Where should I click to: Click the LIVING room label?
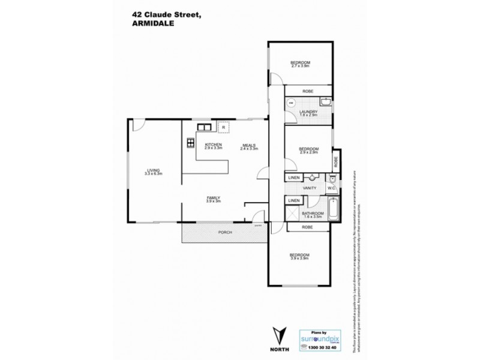pos(154,170)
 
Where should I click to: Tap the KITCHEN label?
pos(214,145)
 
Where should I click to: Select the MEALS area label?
pos(250,145)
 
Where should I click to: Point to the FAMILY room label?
pos(214,198)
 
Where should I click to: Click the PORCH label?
pos(225,232)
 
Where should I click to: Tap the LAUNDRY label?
pos(308,112)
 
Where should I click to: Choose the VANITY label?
pos(310,188)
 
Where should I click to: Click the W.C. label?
pos(331,188)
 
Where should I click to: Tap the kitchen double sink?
pos(203,127)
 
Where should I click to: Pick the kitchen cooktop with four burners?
pos(190,143)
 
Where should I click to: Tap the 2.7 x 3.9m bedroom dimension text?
pos(300,66)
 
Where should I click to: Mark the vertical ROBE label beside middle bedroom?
pos(337,161)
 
